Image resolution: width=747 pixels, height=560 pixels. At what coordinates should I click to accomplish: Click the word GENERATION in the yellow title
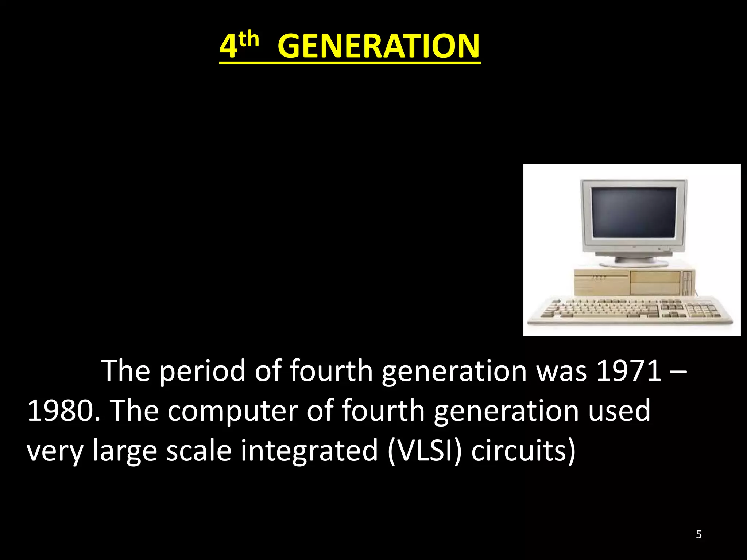click(379, 46)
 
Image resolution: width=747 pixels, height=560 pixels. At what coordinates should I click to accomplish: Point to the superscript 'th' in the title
click(249, 39)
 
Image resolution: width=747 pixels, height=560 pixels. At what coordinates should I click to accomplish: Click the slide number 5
click(698, 534)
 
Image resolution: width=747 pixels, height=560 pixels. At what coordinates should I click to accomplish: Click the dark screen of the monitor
click(634, 212)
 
